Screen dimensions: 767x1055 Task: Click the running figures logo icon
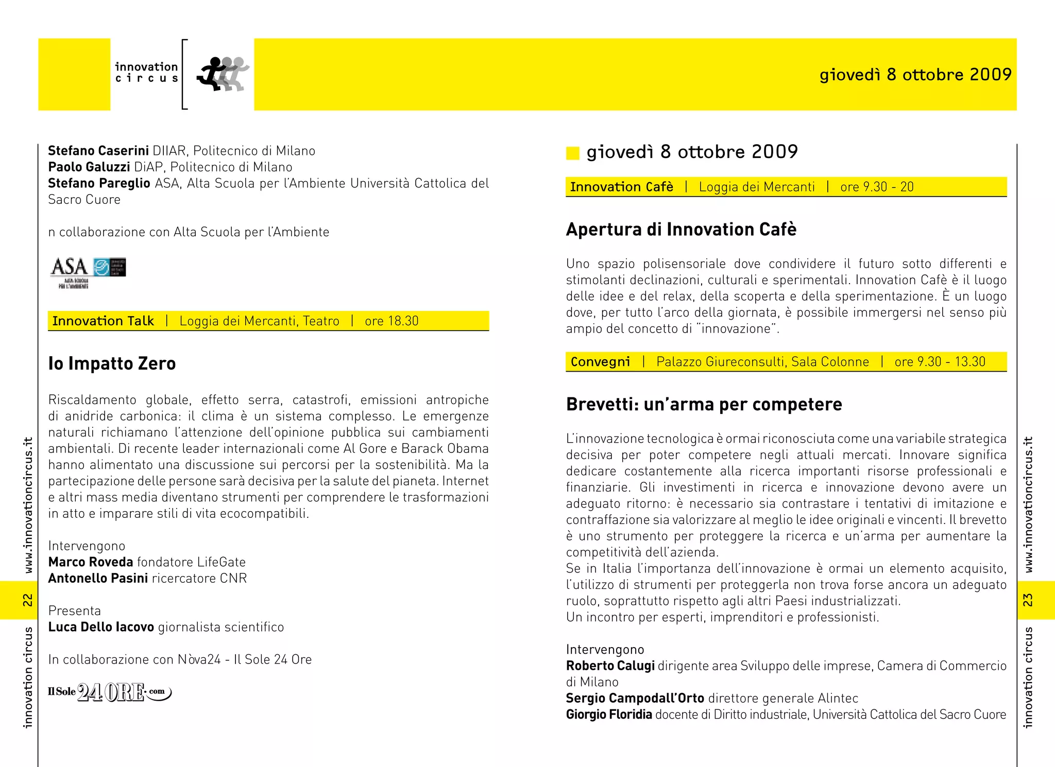pyautogui.click(x=223, y=74)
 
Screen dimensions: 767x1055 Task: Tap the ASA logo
pyautogui.click(x=88, y=272)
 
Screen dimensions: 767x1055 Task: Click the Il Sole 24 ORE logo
pyautogui.click(x=109, y=692)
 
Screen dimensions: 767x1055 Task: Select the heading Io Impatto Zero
pyautogui.click(x=112, y=363)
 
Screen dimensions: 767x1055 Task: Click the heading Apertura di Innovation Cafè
pyautogui.click(x=681, y=230)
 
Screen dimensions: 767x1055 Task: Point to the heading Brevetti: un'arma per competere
pyautogui.click(x=704, y=405)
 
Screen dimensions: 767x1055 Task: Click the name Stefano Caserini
pyautogui.click(x=98, y=151)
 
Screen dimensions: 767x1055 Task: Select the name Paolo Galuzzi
pyautogui.click(x=89, y=167)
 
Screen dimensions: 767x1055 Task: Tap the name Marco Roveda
pyautogui.click(x=91, y=562)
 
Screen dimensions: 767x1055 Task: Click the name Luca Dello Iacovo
pyautogui.click(x=101, y=627)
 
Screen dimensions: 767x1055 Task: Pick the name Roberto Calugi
pyautogui.click(x=610, y=666)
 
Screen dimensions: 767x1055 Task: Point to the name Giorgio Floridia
pyautogui.click(x=609, y=714)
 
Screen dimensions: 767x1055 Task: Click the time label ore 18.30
pyautogui.click(x=392, y=321)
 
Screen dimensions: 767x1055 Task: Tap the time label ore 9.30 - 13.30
pyautogui.click(x=940, y=362)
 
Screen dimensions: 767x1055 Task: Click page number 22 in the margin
pyautogui.click(x=28, y=600)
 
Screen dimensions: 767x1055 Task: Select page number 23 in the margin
pyautogui.click(x=1028, y=600)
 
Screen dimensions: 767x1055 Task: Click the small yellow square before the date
pyautogui.click(x=573, y=153)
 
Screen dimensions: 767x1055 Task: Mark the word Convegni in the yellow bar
pyautogui.click(x=600, y=362)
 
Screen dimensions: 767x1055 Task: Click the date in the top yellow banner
pyautogui.click(x=915, y=75)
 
